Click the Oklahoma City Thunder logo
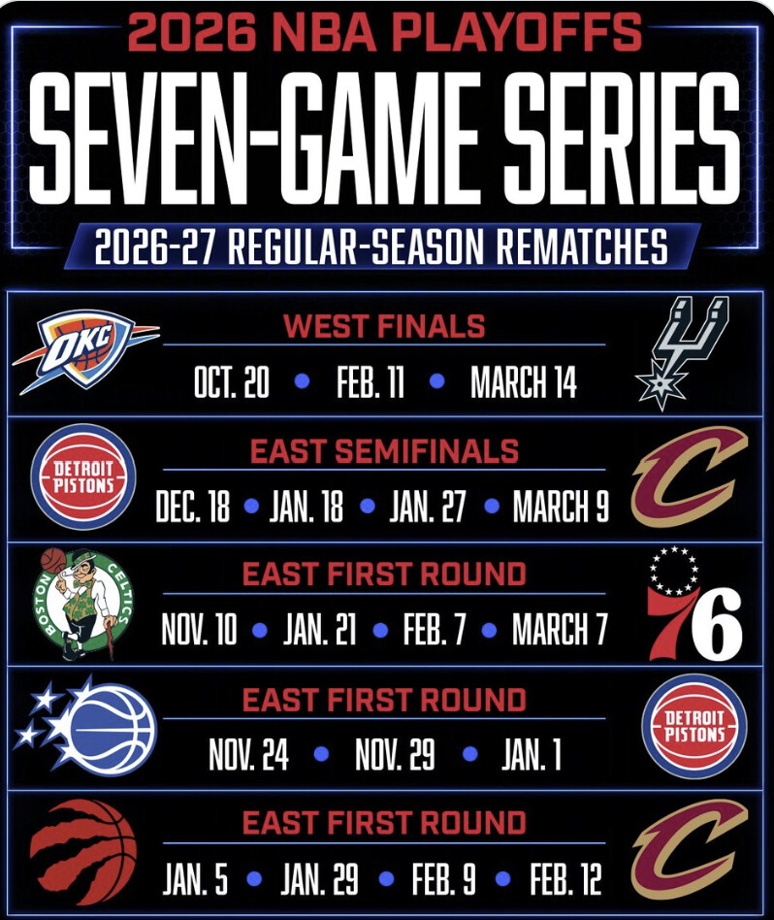tap(85, 350)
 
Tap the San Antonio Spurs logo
tap(683, 352)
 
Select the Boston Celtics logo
tap(83, 605)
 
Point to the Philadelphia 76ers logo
tap(694, 604)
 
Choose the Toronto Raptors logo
tap(83, 851)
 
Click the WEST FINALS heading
tap(384, 326)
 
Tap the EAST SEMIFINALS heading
tap(384, 451)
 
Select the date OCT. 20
tap(232, 381)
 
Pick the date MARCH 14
tap(524, 381)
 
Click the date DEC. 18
tap(193, 506)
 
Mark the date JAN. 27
tap(428, 506)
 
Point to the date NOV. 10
tap(200, 629)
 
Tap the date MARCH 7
tap(560, 629)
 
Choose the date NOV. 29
tap(395, 754)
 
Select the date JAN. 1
tap(532, 754)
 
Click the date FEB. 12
tap(565, 878)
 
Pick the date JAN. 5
tap(195, 878)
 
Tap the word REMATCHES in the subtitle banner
tap(582, 246)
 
